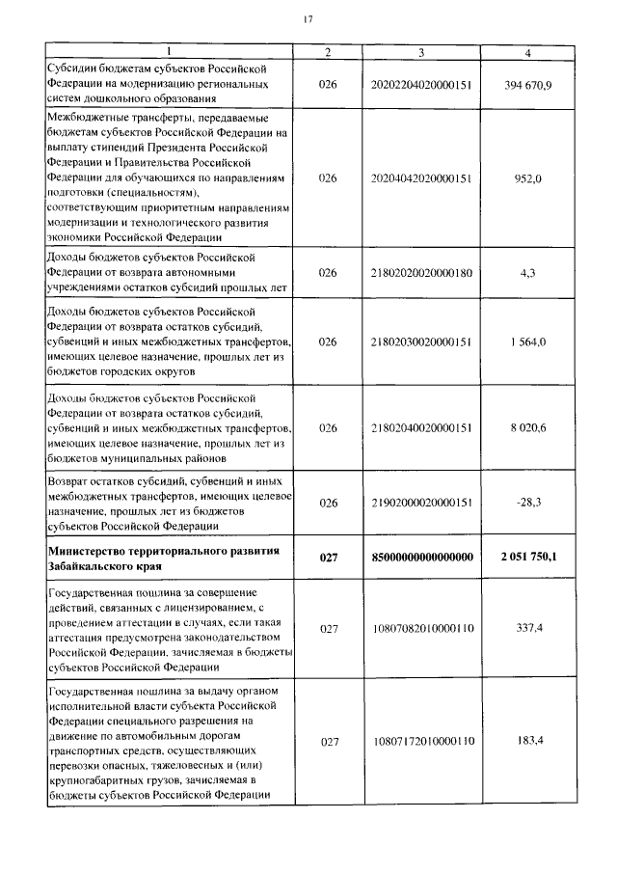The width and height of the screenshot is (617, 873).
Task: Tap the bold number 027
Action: (x=328, y=558)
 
